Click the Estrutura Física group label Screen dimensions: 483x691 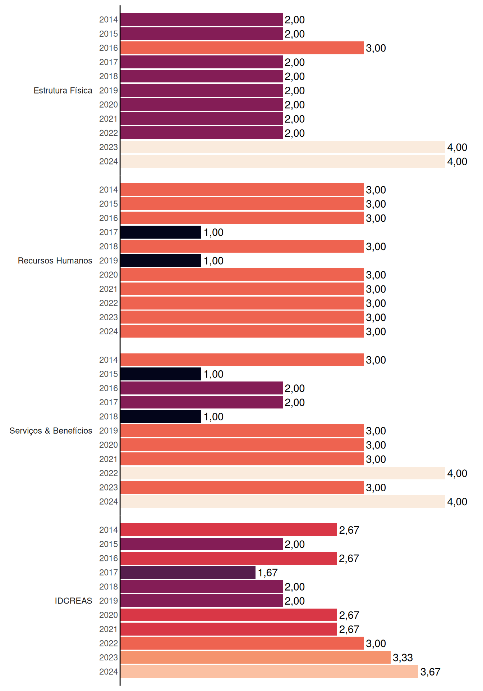pos(63,91)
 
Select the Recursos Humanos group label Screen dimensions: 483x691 pos(55,261)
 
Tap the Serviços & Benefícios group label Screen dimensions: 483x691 pos(51,431)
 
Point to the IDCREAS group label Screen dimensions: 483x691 pos(73,601)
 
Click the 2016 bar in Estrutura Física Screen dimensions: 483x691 pos(242,48)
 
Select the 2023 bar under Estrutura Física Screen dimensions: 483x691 pos(283,147)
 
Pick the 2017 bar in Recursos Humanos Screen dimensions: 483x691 pos(161,232)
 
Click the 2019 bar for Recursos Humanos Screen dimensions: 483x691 pos(161,261)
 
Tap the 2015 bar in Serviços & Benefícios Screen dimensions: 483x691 pos(161,374)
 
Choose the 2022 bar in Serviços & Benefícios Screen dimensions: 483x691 pos(283,473)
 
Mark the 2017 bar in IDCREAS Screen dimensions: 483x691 pos(188,573)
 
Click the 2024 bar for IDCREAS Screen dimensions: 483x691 pos(270,672)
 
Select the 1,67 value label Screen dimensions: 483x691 pos(268,573)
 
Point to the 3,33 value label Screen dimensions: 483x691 pos(403,658)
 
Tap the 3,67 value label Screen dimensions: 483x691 pos(430,672)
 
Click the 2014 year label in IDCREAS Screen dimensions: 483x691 pos(109,530)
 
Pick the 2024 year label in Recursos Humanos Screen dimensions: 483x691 pos(109,331)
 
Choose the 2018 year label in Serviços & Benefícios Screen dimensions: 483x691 pos(109,417)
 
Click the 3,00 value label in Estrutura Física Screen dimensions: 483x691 pos(376,48)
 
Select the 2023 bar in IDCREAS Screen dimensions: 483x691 pos(256,658)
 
